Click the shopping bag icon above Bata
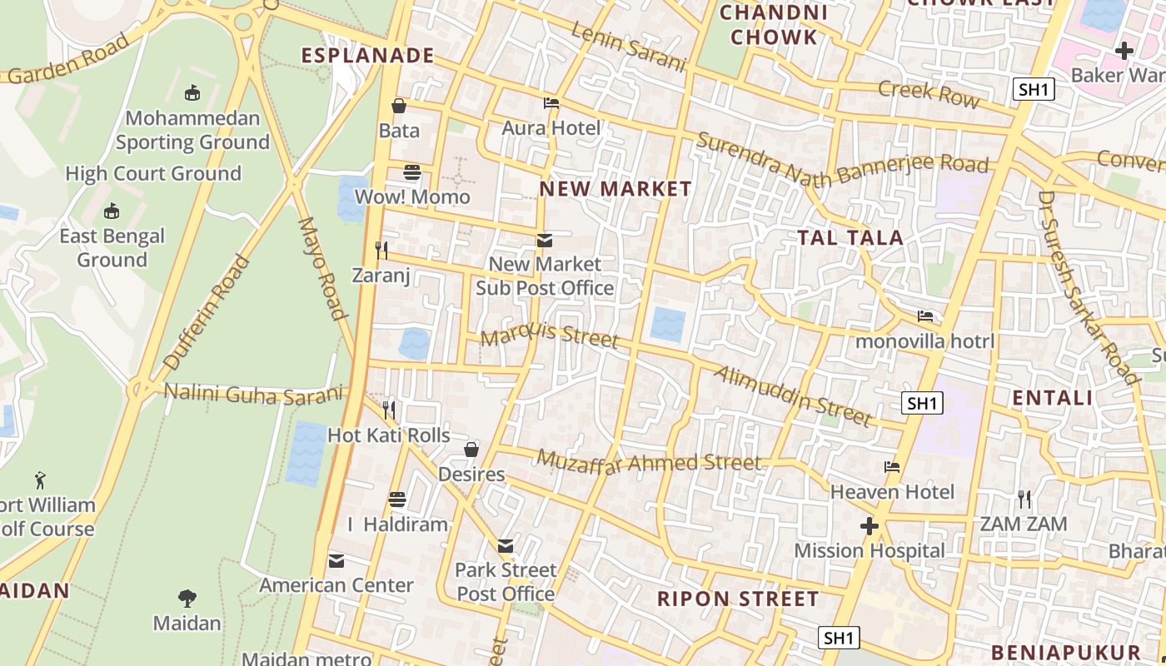point(399,106)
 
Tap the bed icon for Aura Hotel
point(551,104)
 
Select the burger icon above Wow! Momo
point(412,172)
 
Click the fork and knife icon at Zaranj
point(381,250)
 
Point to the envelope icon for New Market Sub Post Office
point(544,241)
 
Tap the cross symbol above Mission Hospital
point(870,526)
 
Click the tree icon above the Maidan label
point(187,598)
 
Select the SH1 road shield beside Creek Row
point(1034,89)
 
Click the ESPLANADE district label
point(367,56)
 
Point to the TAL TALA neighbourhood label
point(850,238)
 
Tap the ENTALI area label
point(1053,398)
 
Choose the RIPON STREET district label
point(738,599)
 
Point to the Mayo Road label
point(321,268)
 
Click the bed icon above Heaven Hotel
point(892,467)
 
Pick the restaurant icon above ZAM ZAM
point(1024,499)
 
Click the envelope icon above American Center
point(336,561)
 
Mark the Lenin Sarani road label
point(629,47)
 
